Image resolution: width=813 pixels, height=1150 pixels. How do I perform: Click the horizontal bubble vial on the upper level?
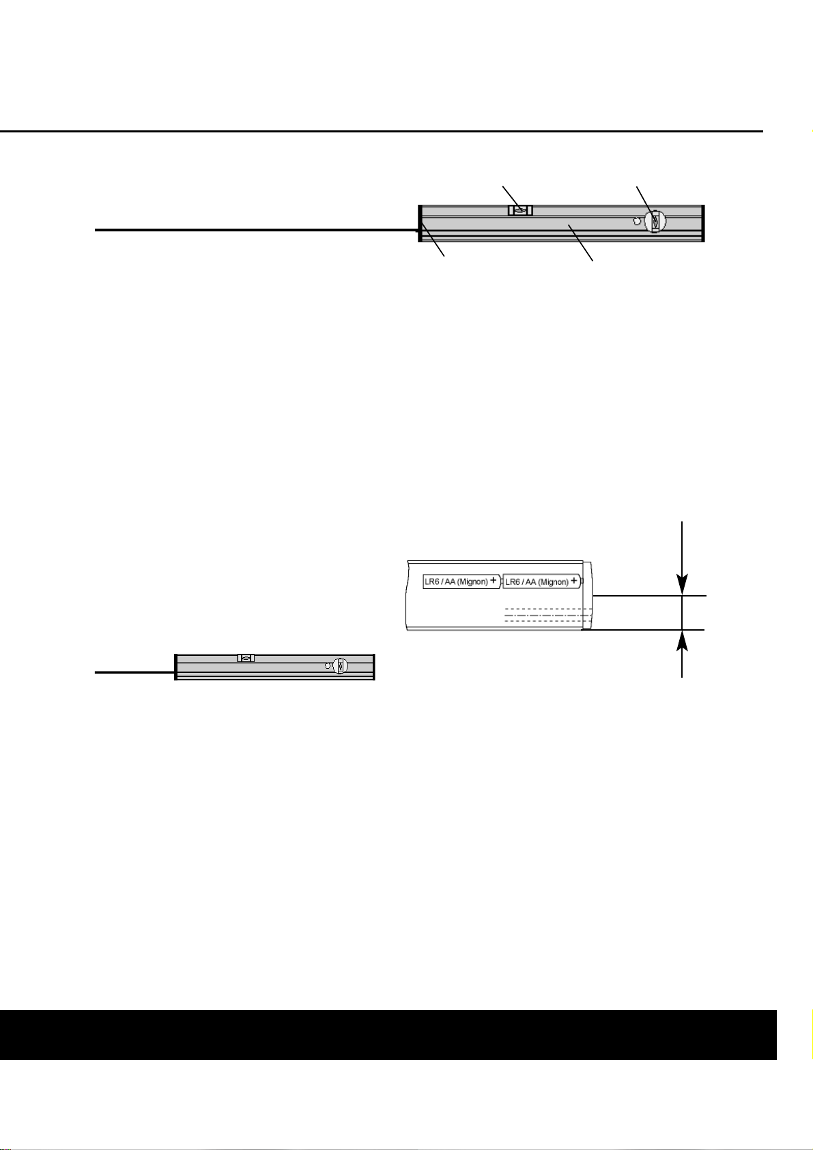(520, 211)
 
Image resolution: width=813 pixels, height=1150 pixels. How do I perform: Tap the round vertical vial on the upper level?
(655, 222)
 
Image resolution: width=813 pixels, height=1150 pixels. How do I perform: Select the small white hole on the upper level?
(637, 221)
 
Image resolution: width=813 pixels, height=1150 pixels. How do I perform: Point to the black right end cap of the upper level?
(702, 223)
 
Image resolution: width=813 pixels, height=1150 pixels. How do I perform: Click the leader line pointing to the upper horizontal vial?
(511, 197)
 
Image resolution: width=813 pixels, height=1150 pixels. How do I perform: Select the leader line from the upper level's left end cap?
(434, 241)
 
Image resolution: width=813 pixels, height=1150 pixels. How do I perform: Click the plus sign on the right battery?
(574, 581)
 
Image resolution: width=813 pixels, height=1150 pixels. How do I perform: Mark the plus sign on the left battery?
(494, 581)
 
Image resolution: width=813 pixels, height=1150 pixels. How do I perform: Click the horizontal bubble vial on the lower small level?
(246, 659)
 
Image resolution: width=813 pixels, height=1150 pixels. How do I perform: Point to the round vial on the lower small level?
(341, 667)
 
